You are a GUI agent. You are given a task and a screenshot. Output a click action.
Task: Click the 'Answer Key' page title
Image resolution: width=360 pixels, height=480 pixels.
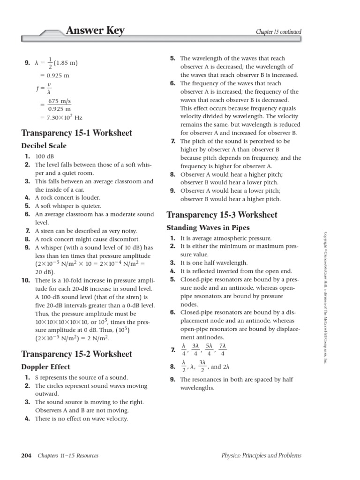tap(95, 31)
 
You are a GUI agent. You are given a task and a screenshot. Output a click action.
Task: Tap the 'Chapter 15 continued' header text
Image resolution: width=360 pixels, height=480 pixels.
tap(278, 32)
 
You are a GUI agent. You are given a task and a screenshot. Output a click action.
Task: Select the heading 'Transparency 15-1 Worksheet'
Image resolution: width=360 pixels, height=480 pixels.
tap(77, 133)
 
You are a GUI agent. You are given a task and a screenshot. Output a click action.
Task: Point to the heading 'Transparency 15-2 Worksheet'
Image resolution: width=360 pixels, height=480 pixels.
tap(77, 354)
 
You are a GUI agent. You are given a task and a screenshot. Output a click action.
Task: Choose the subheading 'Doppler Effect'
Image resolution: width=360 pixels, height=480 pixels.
tap(46, 367)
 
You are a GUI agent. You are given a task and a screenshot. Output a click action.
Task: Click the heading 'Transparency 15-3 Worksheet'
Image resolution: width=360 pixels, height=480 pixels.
tap(222, 215)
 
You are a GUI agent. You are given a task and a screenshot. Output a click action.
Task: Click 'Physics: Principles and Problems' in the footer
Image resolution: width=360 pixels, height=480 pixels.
tap(262, 456)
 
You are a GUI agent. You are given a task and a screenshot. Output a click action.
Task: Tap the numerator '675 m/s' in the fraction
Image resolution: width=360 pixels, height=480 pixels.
tap(60, 101)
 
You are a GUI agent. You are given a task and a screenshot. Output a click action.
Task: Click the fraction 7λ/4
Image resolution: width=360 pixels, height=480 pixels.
tap(223, 349)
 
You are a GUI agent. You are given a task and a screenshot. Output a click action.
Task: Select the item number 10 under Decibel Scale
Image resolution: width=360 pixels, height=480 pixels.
tap(25, 280)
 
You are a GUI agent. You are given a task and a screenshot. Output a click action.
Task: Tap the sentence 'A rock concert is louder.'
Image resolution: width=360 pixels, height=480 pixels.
tap(67, 198)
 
